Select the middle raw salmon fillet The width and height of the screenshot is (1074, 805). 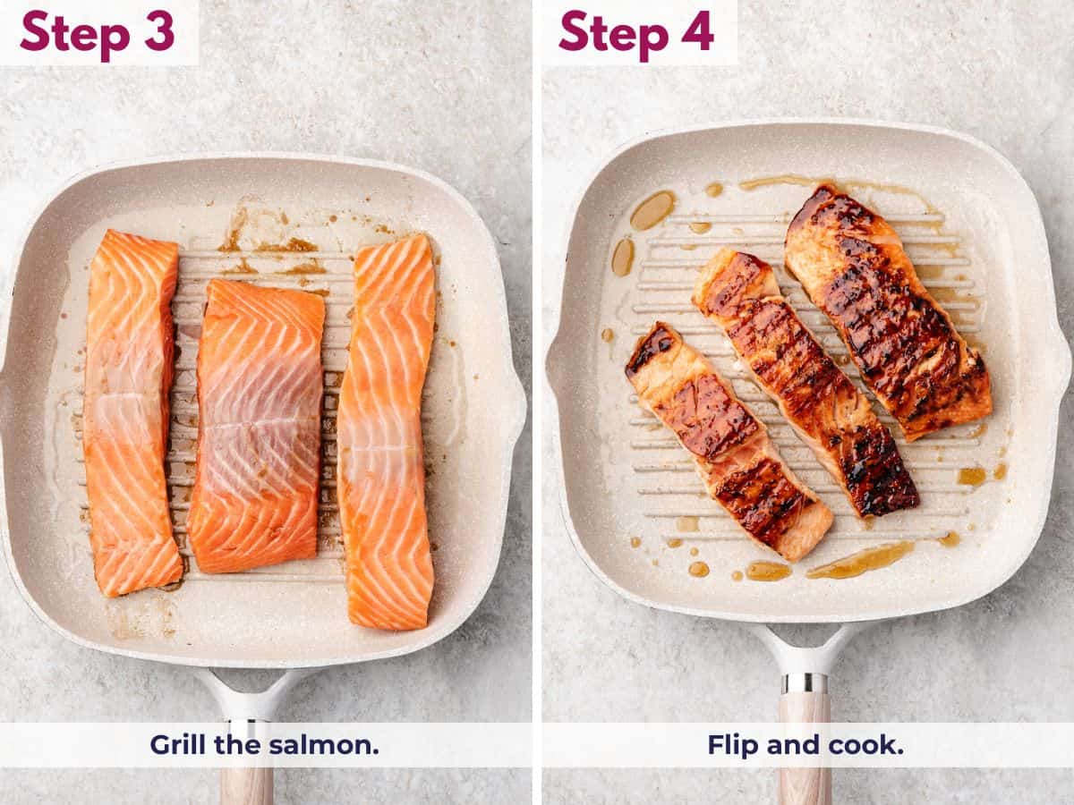point(257,425)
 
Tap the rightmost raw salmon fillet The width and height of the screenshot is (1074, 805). point(387,429)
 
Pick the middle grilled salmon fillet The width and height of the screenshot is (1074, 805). point(805,380)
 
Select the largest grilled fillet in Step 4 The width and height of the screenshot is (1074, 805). point(886,313)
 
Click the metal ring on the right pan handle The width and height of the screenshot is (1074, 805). point(804,682)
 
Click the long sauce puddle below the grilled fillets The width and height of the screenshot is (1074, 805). point(859,561)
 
